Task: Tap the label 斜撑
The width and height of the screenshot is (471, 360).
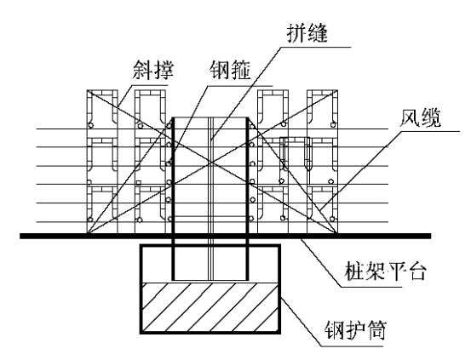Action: click(x=153, y=69)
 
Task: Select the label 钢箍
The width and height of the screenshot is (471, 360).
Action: click(x=230, y=70)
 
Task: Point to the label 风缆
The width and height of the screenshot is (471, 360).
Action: click(x=420, y=117)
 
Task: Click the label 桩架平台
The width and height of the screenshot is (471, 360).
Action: click(x=385, y=271)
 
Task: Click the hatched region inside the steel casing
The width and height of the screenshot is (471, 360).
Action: click(x=210, y=307)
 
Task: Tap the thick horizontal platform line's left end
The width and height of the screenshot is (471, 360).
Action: click(x=20, y=236)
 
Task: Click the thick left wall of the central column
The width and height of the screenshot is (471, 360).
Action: click(x=173, y=198)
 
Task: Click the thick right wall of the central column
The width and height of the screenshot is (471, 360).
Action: click(x=248, y=198)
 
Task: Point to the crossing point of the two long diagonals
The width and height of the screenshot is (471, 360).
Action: click(x=212, y=163)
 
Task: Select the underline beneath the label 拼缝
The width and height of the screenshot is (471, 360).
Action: click(x=316, y=47)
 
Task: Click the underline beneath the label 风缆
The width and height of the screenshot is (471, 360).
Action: click(x=430, y=131)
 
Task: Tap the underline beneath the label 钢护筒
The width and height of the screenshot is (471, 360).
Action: click(x=352, y=346)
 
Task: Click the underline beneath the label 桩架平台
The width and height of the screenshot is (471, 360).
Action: click(x=371, y=287)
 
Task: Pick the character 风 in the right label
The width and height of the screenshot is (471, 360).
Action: click(x=410, y=117)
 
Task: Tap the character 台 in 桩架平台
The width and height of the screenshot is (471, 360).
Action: click(x=416, y=271)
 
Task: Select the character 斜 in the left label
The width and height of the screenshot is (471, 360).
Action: click(x=143, y=69)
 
